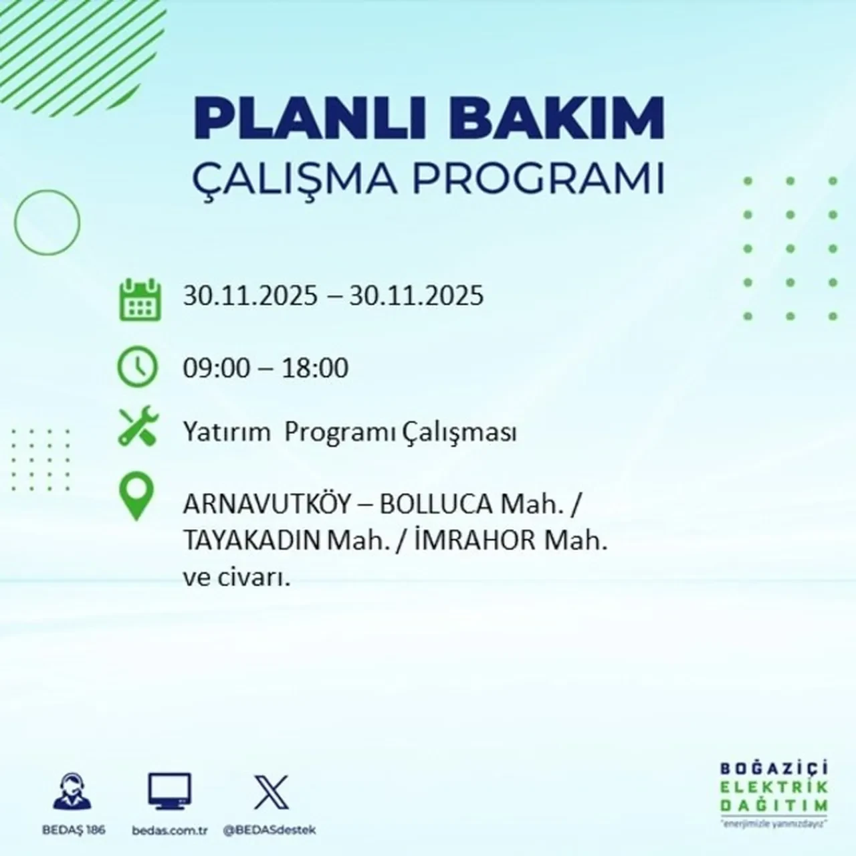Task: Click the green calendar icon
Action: click(x=140, y=299)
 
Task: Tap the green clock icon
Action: click(x=138, y=367)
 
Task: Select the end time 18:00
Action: click(x=315, y=368)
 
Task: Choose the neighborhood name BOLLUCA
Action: click(x=436, y=505)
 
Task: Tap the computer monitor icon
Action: click(x=169, y=792)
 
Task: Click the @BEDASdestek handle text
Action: click(x=270, y=830)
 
